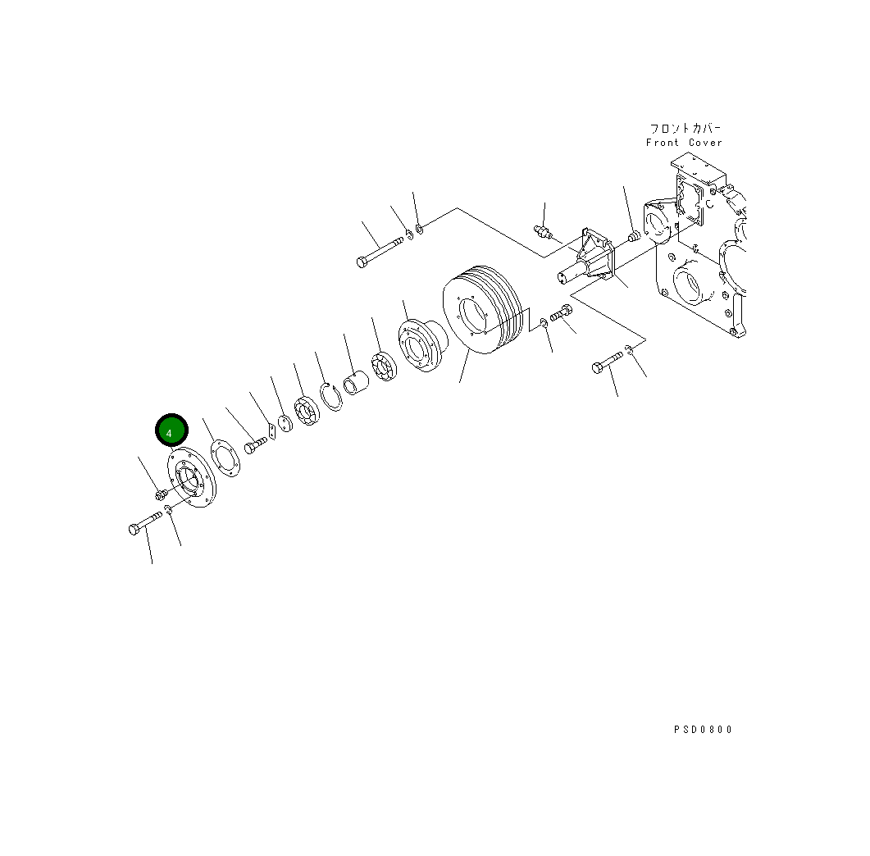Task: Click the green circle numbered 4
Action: (171, 430)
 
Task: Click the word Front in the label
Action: (663, 143)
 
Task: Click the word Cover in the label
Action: (705, 143)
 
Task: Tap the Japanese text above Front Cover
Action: (686, 128)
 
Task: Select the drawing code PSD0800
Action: (703, 730)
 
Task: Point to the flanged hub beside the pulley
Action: (422, 345)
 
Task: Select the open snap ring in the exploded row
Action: (331, 396)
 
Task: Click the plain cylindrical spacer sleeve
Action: (356, 384)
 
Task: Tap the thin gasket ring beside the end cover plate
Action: (225, 458)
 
